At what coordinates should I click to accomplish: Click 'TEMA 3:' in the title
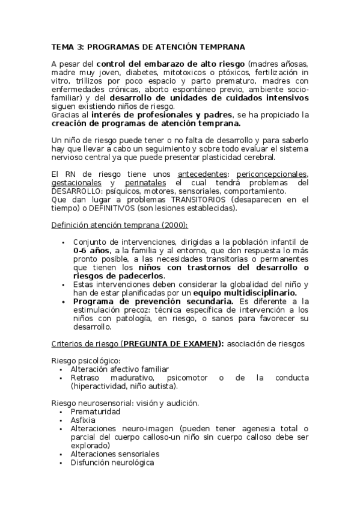click(67, 46)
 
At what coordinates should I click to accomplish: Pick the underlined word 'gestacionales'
click(78, 183)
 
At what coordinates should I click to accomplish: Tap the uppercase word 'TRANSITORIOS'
click(198, 200)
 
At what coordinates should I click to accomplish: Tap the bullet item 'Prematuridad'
click(96, 411)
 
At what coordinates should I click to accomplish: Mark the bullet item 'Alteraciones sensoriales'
click(115, 454)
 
